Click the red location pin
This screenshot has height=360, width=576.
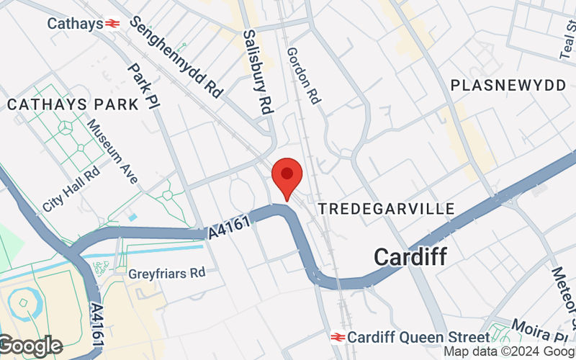[287, 175]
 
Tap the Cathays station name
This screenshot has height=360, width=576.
[75, 24]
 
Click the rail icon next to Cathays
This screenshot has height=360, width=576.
[112, 24]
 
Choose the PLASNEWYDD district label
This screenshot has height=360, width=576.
[508, 85]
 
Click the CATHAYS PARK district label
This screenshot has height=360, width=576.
[73, 104]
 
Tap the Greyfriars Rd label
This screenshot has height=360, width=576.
[167, 274]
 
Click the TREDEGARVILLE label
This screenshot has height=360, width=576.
[387, 208]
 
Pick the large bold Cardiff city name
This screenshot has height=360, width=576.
[410, 256]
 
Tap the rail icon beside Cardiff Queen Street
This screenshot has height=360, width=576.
[338, 337]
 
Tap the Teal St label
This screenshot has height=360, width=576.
[566, 40]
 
